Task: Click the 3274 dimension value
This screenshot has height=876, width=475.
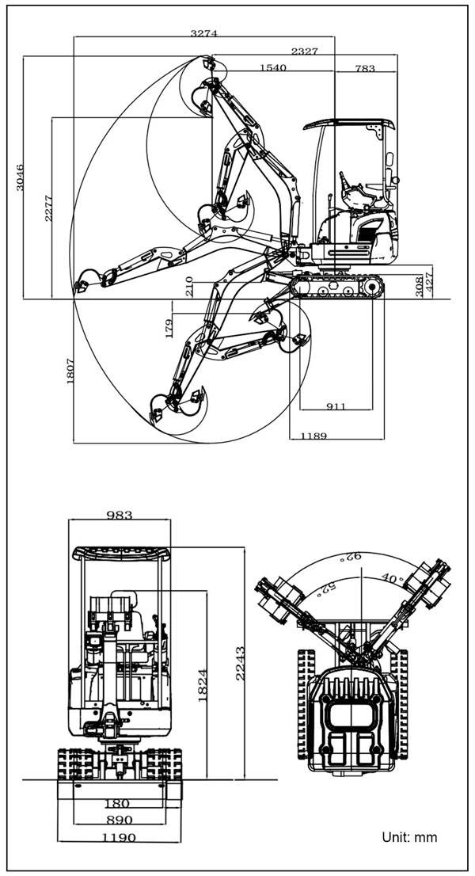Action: click(203, 33)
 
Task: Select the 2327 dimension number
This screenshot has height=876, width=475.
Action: click(305, 51)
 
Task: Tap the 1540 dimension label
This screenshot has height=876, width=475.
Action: click(273, 67)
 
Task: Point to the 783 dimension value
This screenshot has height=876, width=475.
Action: click(365, 69)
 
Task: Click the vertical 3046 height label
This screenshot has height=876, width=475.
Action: click(20, 177)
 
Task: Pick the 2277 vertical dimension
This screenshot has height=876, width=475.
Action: click(48, 208)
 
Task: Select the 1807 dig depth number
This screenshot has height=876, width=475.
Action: click(70, 371)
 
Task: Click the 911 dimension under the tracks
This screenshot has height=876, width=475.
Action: click(336, 406)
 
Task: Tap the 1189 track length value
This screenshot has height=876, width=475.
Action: click(313, 436)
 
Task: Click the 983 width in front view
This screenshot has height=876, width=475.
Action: click(120, 515)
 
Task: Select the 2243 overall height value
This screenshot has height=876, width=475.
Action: click(240, 663)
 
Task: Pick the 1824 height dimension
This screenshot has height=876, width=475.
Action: click(202, 685)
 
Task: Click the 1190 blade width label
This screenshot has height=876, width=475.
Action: click(120, 838)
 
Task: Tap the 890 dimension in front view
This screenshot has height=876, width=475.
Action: click(120, 820)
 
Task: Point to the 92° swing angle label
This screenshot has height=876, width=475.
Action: click(354, 557)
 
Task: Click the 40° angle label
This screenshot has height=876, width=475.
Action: click(393, 577)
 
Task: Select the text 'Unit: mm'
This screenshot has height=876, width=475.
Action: click(410, 837)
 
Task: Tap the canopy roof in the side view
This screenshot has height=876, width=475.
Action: click(349, 124)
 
